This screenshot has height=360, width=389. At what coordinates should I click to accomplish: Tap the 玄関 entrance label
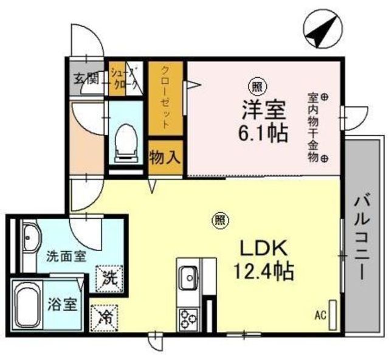coord(86,79)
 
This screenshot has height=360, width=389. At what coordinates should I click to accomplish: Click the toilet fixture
coord(126,142)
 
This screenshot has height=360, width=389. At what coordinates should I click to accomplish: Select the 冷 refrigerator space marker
coord(104,316)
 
